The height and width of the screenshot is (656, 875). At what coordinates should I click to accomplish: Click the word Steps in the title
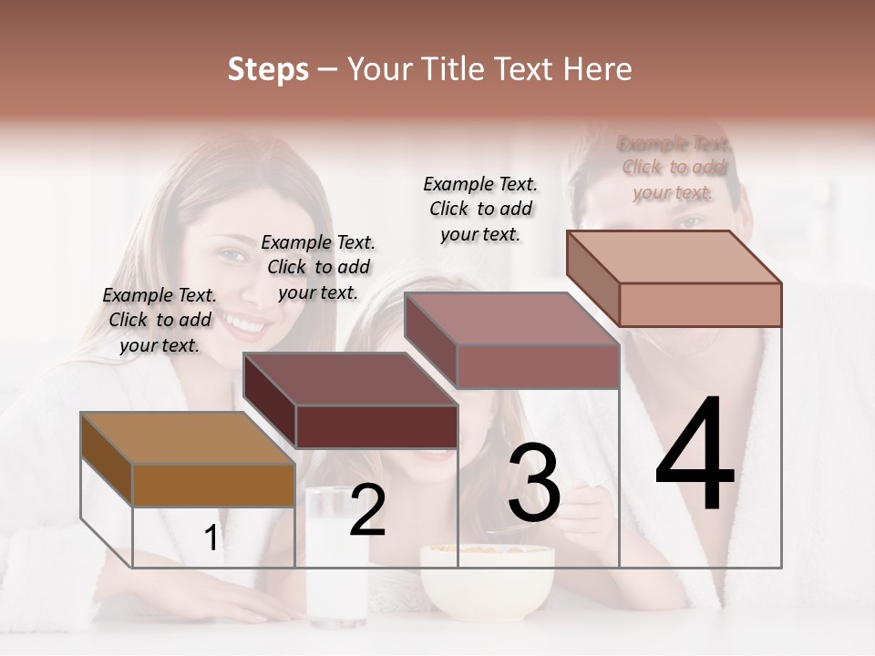[x=268, y=70]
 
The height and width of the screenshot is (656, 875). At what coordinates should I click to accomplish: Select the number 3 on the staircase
[x=534, y=484]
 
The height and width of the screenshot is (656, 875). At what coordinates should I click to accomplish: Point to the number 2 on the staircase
[x=367, y=511]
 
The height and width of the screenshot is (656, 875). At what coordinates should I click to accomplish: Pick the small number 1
[x=211, y=538]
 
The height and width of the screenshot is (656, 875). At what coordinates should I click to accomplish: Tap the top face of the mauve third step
[x=511, y=319]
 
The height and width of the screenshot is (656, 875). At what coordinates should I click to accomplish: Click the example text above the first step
[x=160, y=320]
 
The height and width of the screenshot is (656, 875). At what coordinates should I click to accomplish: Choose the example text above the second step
[x=318, y=267]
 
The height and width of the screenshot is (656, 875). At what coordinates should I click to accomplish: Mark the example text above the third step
[x=480, y=209]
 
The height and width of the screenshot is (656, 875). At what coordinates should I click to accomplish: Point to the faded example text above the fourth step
[x=674, y=168]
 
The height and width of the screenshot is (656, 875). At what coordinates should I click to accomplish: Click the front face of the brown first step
[x=213, y=485]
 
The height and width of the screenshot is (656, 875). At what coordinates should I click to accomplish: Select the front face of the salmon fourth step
[x=700, y=304]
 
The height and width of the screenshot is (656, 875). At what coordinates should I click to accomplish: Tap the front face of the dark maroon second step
[x=376, y=426]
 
